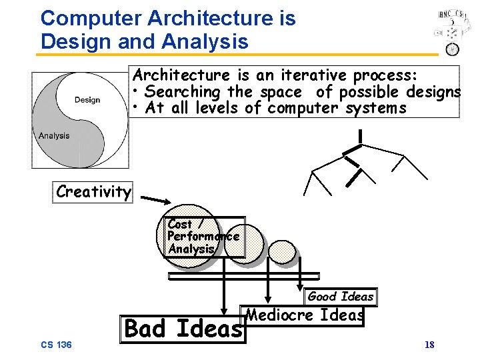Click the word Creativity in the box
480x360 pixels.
pyautogui.click(x=93, y=192)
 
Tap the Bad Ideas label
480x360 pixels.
pyautogui.click(x=184, y=329)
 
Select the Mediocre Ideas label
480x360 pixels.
pyautogui.click(x=305, y=315)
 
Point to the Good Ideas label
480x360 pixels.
pyautogui.click(x=340, y=297)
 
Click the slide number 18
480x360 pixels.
pyautogui.click(x=429, y=345)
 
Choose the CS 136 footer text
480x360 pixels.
pyautogui.click(x=56, y=345)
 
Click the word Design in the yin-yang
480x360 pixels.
pyautogui.click(x=87, y=100)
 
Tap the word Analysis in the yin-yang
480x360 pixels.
pyautogui.click(x=54, y=135)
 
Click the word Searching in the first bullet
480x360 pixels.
pyautogui.click(x=182, y=91)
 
